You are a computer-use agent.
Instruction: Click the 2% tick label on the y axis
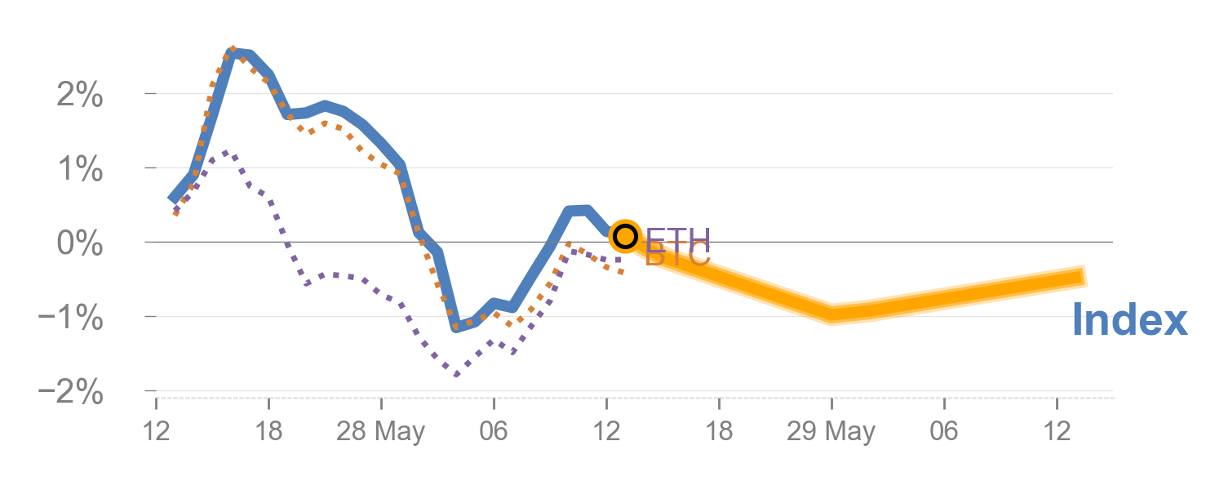coord(80,96)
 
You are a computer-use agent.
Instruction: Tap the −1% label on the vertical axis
coord(72,318)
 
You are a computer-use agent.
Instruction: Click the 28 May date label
coord(381,432)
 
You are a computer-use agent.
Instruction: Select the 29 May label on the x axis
coord(831,432)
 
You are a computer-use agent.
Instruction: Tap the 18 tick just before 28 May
coord(268,432)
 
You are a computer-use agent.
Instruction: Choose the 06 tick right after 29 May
coord(944,432)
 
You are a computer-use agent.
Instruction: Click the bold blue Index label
coord(1129,320)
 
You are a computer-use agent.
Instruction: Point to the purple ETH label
coord(678,239)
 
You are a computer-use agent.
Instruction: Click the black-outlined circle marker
coord(625,236)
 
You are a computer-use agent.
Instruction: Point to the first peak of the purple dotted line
coord(226,153)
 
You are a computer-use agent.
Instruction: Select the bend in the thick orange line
coord(832,314)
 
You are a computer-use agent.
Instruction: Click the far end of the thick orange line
coord(1085,276)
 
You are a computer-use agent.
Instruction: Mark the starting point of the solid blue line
coord(172,198)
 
